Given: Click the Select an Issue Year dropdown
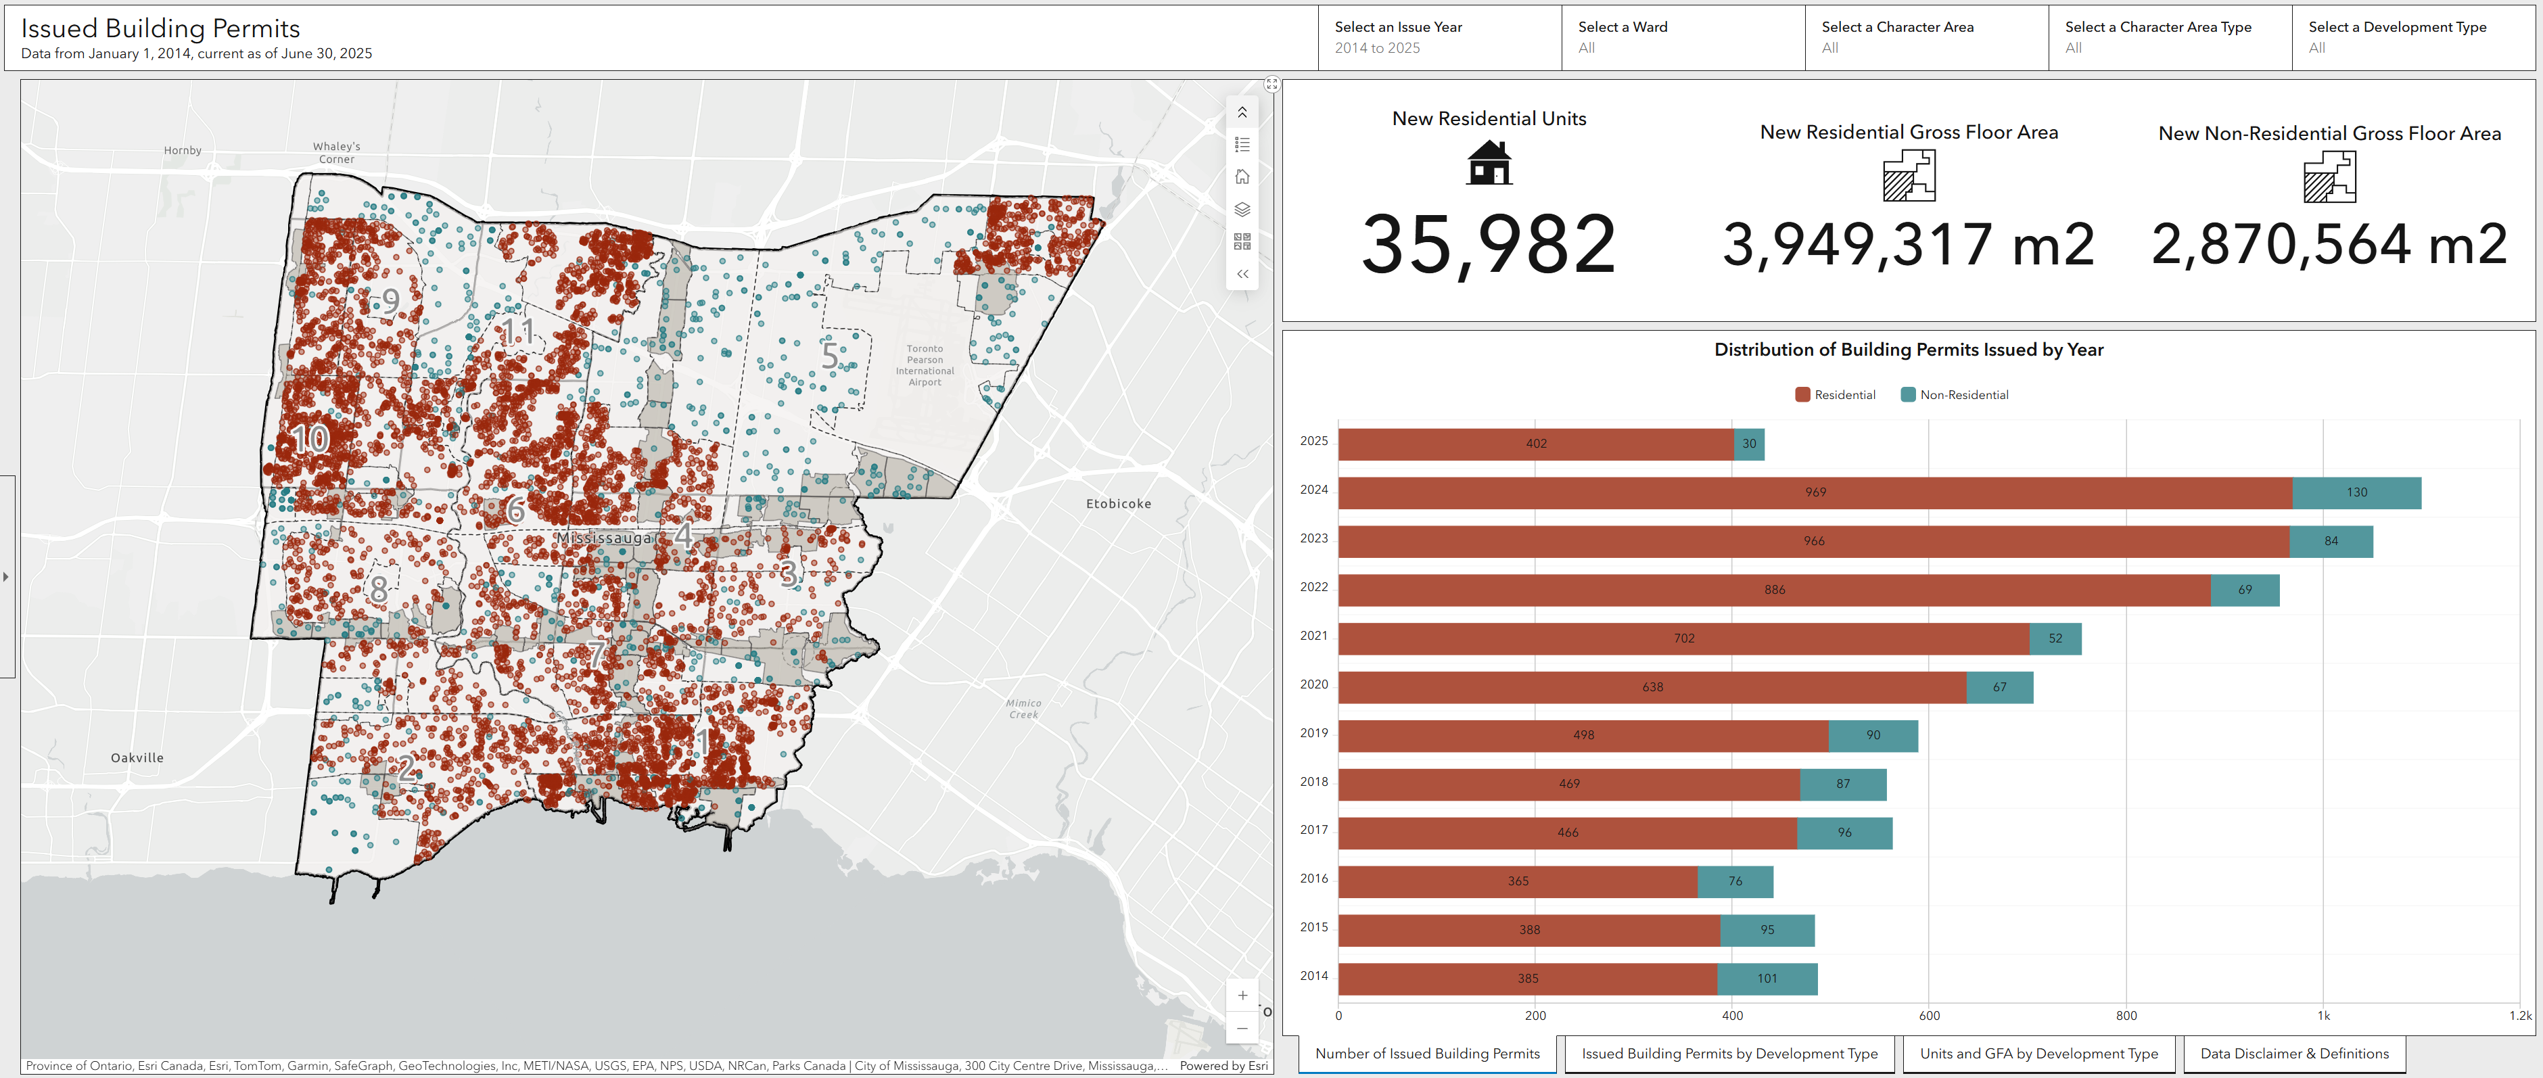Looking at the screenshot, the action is tap(1439, 37).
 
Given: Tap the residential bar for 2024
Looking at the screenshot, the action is tap(1815, 492).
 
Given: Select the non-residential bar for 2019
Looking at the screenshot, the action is tap(1873, 735).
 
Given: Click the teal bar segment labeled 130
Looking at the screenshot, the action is tap(2356, 492).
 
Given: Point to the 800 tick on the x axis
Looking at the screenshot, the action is tap(2126, 1016).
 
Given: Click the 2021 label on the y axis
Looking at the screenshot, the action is tap(1314, 636).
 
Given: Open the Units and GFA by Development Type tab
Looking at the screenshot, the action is tap(2038, 1054).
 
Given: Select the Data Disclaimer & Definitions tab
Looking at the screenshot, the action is tap(2294, 1054).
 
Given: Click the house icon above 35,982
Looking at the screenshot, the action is tap(1489, 163).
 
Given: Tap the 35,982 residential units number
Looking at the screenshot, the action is tap(1489, 245).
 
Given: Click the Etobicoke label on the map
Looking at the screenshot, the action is tap(1119, 503).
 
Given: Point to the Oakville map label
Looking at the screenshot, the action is tap(137, 758).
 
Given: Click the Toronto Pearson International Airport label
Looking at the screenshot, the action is tap(925, 365).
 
